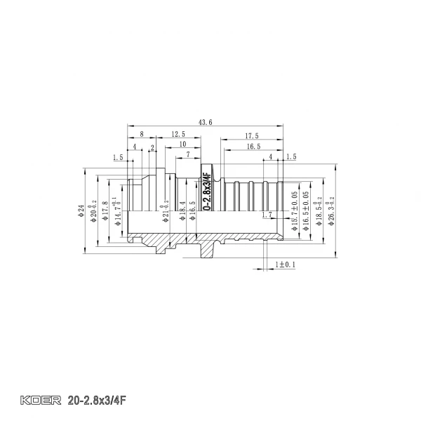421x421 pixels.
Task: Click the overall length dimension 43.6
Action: pos(205,122)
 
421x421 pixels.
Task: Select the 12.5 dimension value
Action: pos(178,134)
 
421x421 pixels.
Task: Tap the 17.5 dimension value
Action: pos(253,135)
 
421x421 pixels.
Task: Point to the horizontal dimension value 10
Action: pos(182,144)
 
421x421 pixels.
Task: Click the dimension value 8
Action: pos(142,134)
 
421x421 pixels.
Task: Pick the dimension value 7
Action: pos(187,154)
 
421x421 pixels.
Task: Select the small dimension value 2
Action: pos(152,147)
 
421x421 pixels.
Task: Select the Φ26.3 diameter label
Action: pos(330,209)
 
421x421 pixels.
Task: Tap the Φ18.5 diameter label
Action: pos(318,209)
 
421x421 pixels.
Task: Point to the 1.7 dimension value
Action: pos(265,215)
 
